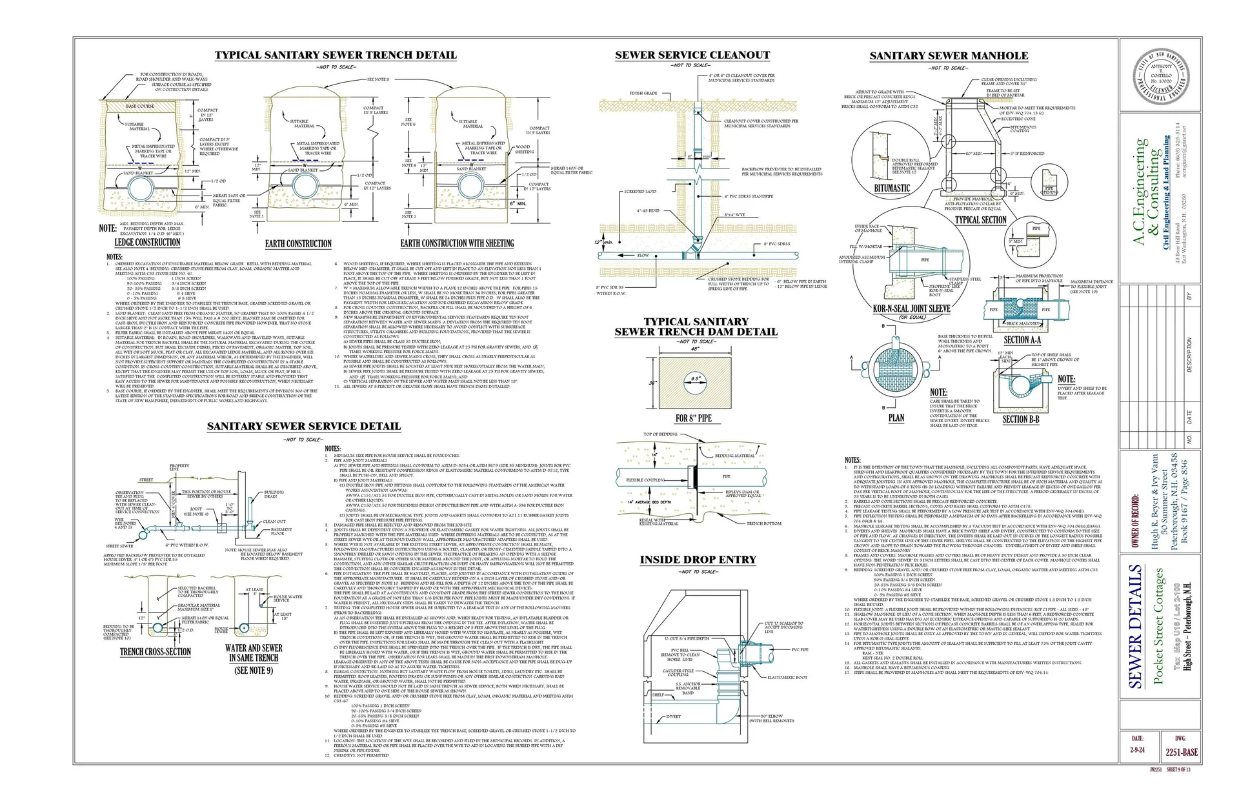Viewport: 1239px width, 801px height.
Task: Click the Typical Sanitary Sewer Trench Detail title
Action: point(335,56)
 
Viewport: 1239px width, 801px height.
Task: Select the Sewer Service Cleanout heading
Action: point(692,56)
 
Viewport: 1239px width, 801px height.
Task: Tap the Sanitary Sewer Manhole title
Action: point(949,56)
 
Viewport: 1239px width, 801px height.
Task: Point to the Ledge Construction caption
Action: point(147,243)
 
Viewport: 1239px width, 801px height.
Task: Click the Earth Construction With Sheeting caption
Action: point(457,243)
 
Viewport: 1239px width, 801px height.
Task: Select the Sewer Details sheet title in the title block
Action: point(1136,626)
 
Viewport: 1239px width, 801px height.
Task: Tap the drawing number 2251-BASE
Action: point(1181,752)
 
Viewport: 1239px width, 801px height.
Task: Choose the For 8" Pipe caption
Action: point(693,418)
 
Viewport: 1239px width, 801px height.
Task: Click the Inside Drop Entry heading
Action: point(698,560)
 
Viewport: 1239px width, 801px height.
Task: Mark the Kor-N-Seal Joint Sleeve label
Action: point(911,309)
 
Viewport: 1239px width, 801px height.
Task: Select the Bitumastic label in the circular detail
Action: point(892,188)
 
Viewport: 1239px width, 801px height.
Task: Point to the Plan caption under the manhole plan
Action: point(896,418)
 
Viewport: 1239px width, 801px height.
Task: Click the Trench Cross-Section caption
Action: point(156,652)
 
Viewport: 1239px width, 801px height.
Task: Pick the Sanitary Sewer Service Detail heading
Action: point(303,427)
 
